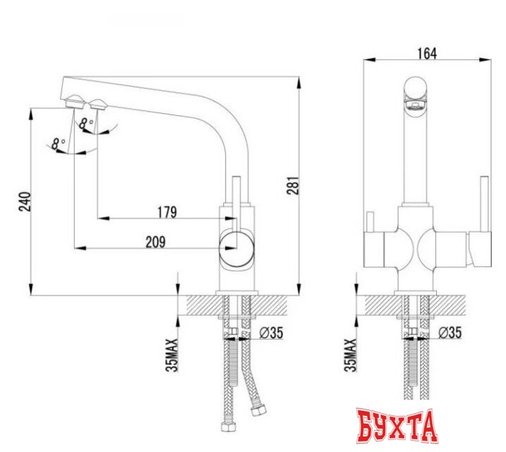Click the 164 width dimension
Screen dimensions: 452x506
(x=428, y=53)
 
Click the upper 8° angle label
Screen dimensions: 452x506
(x=87, y=123)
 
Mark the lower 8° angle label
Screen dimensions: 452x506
(x=59, y=144)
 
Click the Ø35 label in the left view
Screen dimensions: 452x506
(x=273, y=333)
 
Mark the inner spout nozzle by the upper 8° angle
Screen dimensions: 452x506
(x=97, y=105)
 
